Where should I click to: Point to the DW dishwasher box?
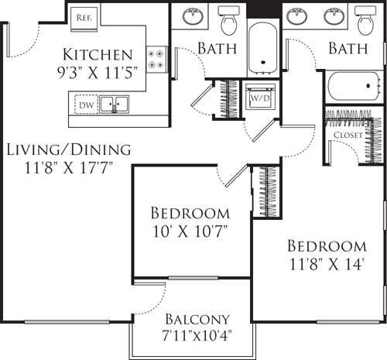click(85, 103)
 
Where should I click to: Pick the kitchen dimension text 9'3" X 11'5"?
click(98, 74)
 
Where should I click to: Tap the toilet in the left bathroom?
click(228, 21)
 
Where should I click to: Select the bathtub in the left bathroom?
click(264, 46)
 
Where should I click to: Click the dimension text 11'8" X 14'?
click(326, 264)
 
